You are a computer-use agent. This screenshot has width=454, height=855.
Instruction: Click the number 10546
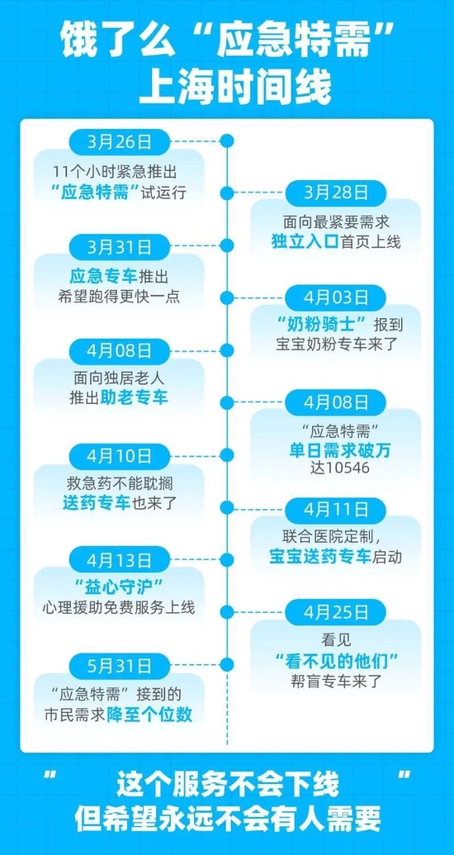[346, 468]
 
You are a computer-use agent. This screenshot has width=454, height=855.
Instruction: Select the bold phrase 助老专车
[134, 397]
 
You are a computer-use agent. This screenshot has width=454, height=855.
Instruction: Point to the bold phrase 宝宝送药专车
[320, 556]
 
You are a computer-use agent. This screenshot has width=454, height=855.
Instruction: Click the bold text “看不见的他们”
[336, 661]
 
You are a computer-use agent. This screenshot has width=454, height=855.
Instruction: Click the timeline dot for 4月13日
[227, 560]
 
